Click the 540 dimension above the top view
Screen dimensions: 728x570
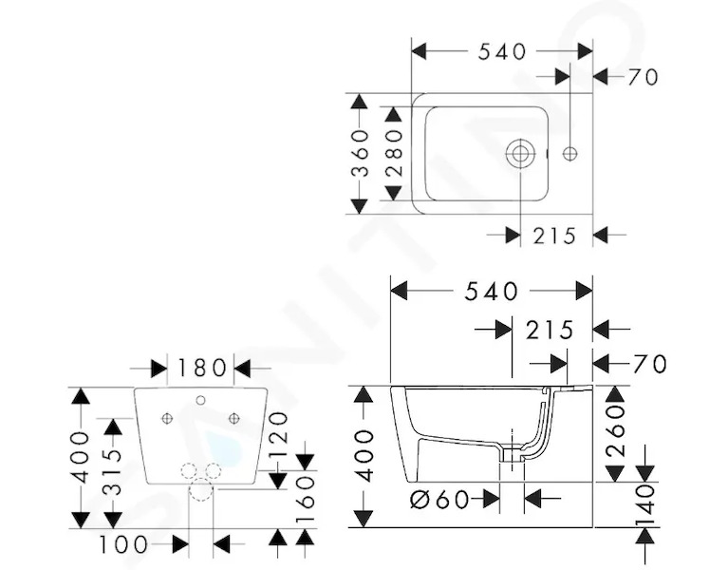point(502,51)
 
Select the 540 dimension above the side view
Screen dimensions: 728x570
point(492,292)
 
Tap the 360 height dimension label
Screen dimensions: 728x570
point(360,153)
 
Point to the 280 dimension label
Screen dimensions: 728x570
point(393,153)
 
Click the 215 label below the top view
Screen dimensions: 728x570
point(554,236)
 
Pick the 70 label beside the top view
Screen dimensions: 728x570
point(643,77)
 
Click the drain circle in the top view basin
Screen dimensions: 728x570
point(520,153)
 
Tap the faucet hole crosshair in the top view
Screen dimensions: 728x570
point(569,153)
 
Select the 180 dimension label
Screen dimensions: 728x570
point(200,369)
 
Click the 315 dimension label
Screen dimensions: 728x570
point(112,473)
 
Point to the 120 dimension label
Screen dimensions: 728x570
point(278,435)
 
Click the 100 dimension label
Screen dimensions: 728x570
point(123,544)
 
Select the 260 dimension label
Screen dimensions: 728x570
point(615,430)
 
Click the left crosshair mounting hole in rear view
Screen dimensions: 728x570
point(167,419)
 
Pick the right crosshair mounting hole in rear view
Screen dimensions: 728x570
point(234,419)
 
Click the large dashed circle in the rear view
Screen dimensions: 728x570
point(201,488)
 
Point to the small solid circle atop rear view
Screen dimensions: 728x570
point(200,400)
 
